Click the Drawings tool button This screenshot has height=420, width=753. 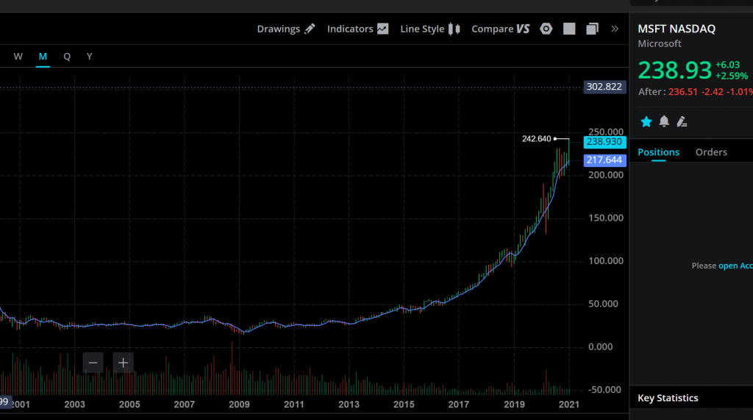(x=285, y=29)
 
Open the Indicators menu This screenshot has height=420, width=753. (x=357, y=29)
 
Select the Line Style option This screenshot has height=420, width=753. (x=429, y=29)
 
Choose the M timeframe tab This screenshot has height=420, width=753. (x=43, y=57)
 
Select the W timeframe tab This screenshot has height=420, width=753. (x=18, y=57)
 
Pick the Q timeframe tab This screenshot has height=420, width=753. (x=67, y=57)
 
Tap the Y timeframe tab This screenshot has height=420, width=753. (x=89, y=57)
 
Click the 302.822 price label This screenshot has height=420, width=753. (x=604, y=87)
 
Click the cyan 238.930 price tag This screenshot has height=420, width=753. (x=604, y=142)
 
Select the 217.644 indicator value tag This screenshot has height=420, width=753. (x=604, y=160)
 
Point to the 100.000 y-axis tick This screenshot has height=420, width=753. (x=606, y=261)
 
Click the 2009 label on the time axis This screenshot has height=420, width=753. (x=239, y=405)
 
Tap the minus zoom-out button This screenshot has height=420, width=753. (x=93, y=362)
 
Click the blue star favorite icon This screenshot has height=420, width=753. (x=646, y=121)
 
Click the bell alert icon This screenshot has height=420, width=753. (x=664, y=121)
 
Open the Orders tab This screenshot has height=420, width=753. (x=711, y=152)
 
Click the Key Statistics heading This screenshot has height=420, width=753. (x=668, y=398)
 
